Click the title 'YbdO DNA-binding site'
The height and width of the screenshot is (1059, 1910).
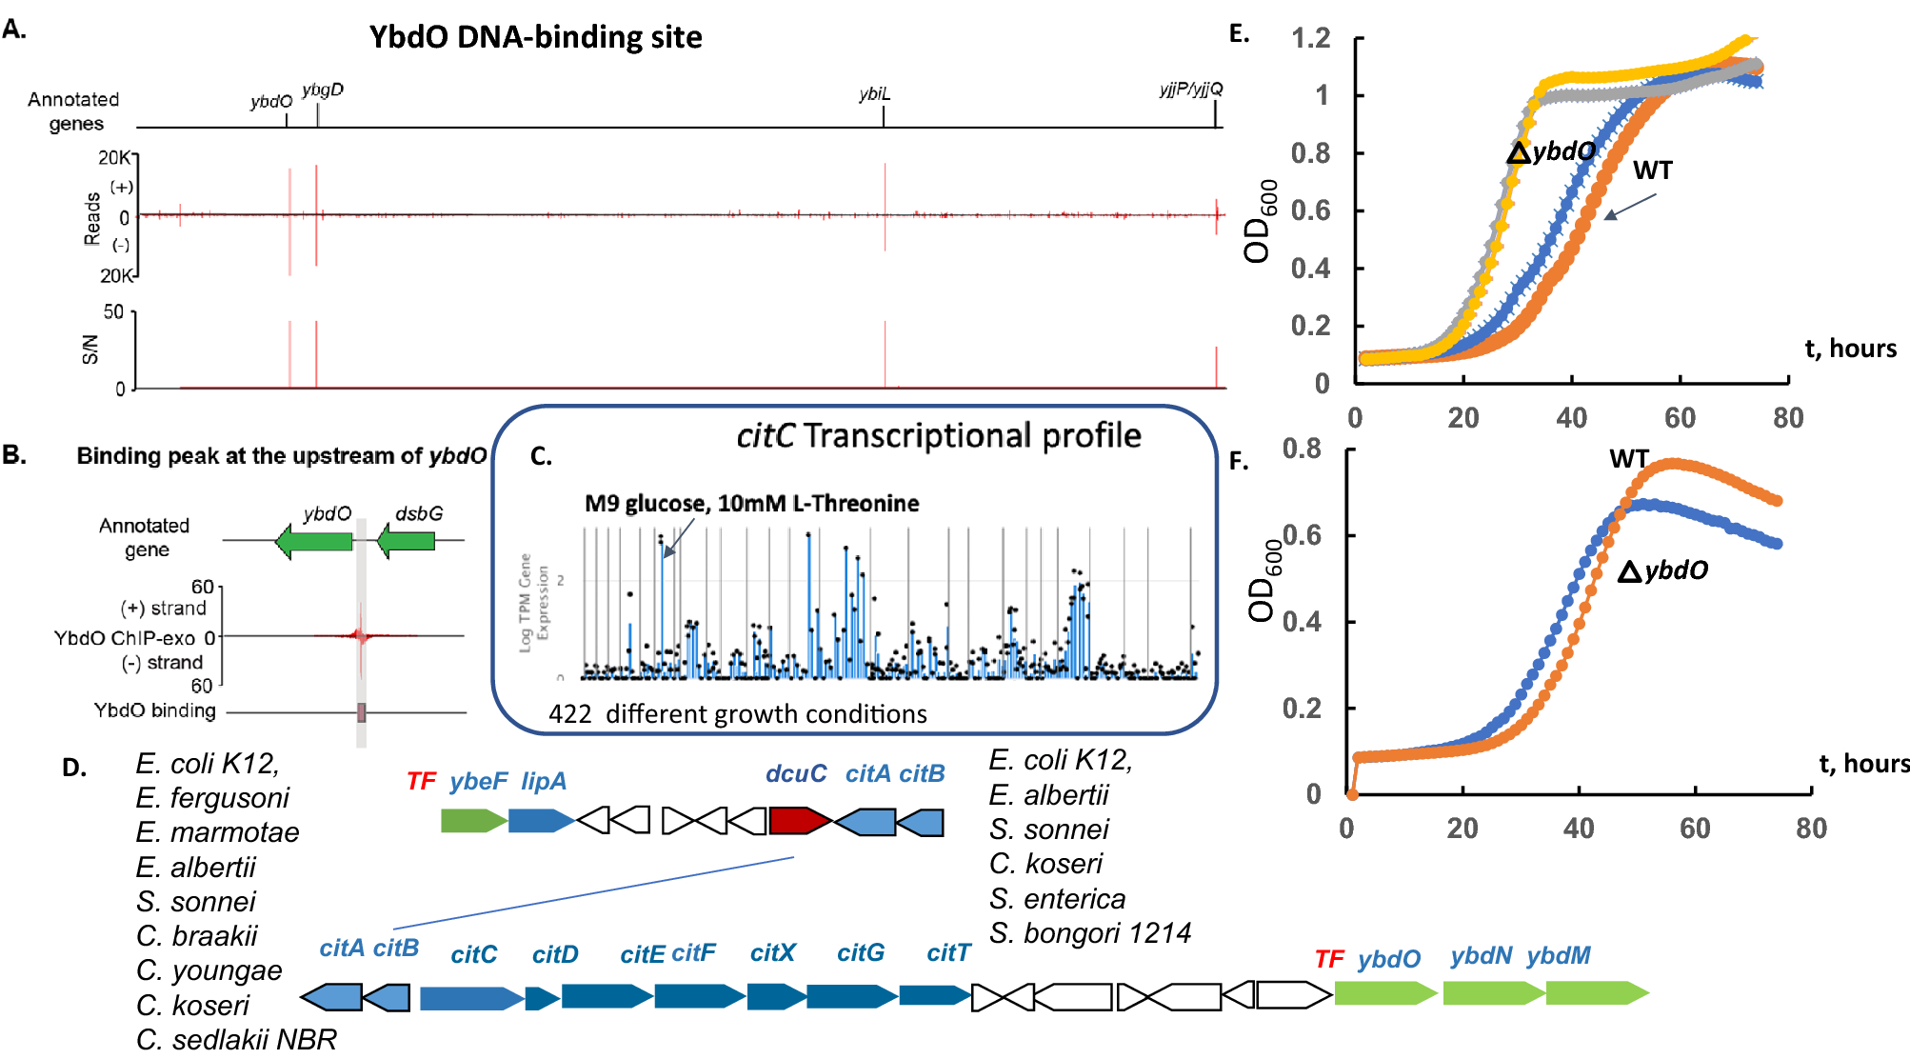click(535, 36)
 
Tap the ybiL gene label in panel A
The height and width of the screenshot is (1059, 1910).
click(873, 93)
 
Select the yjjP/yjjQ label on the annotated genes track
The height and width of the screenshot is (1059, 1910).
click(1190, 89)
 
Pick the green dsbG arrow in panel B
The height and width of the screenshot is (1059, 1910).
click(407, 542)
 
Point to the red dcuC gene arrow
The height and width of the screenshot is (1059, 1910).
click(798, 820)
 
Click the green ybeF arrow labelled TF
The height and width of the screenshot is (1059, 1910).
click(472, 820)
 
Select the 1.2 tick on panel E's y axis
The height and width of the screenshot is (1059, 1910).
click(1311, 38)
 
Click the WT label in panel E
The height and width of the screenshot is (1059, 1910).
click(1652, 170)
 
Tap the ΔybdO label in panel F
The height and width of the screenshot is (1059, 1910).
click(1662, 570)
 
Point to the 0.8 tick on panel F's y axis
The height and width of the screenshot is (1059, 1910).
click(1302, 449)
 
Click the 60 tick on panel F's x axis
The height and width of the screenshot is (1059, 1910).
click(1695, 828)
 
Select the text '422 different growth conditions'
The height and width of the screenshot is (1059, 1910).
click(737, 713)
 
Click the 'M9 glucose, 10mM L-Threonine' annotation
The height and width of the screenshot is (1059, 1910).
click(751, 503)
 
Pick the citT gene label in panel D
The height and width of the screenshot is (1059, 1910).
click(948, 952)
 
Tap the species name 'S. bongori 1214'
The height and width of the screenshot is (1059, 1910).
click(1089, 932)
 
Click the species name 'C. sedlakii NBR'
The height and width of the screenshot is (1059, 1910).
click(236, 1039)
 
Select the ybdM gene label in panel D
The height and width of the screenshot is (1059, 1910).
click(1558, 955)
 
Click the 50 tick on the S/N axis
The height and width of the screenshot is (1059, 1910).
click(113, 312)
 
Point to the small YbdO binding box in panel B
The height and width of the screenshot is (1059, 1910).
click(362, 712)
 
